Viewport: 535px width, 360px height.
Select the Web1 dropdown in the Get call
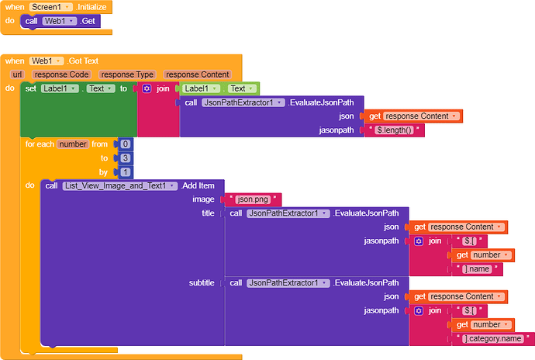pyautogui.click(x=60, y=21)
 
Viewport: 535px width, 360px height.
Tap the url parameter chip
pyautogui.click(x=17, y=74)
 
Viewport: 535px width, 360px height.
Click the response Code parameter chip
pyautogui.click(x=61, y=74)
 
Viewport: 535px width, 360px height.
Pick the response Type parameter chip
pyautogui.click(x=127, y=74)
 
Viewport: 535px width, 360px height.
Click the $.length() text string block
pyautogui.click(x=397, y=130)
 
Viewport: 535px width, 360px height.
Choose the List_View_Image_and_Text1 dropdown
pyautogui.click(x=119, y=185)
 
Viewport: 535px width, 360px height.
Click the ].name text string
pyautogui.click(x=481, y=269)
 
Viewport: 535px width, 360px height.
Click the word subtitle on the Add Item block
pyautogui.click(x=202, y=282)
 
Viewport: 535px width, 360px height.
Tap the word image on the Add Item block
pyautogui.click(x=203, y=199)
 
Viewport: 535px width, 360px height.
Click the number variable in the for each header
pyautogui.click(x=73, y=144)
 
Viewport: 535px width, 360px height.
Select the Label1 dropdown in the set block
pyautogui.click(x=62, y=88)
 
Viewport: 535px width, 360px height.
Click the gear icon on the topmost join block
pyautogui.click(x=147, y=88)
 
